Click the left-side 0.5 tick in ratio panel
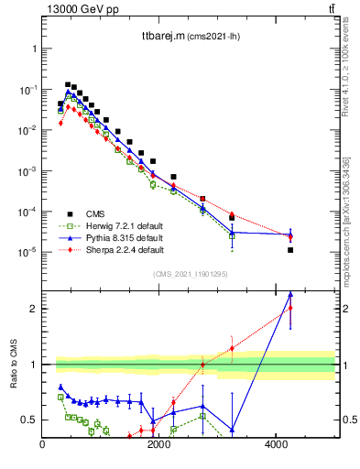pyautogui.click(x=30, y=420)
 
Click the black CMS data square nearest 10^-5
pyautogui.click(x=290, y=250)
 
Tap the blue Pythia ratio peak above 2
pyautogui.click(x=290, y=294)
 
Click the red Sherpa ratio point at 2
pyautogui.click(x=290, y=308)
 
